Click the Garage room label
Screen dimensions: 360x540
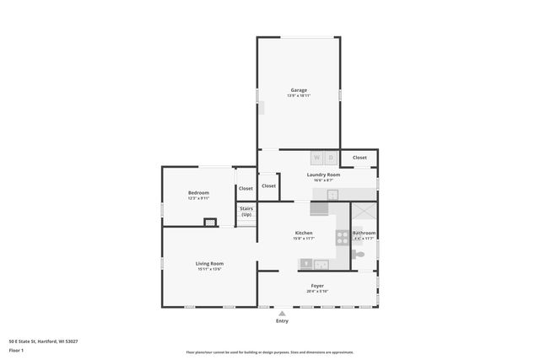[x=299, y=89]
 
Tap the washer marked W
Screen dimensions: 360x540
[x=317, y=158]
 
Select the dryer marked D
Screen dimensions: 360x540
[x=332, y=158]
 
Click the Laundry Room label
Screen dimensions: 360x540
[x=323, y=175]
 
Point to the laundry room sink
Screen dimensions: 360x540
[x=332, y=195]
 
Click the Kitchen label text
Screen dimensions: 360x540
[x=304, y=233]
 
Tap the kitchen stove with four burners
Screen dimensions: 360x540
[x=343, y=238]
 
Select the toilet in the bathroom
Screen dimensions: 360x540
[x=359, y=252]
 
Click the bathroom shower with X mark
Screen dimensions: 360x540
[x=364, y=212]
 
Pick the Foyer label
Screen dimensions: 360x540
[x=317, y=286]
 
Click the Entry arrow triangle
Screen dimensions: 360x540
[x=282, y=313]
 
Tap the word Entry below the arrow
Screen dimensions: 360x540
[x=282, y=321]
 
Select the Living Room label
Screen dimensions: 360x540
[x=210, y=263]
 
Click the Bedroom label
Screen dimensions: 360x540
[x=198, y=193]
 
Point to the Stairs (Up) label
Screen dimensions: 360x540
[x=246, y=212]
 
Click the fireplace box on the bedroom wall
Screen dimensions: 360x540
[x=210, y=222]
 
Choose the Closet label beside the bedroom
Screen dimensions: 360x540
[x=246, y=188]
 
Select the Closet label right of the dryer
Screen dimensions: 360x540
[x=359, y=158]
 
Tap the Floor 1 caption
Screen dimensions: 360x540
[x=16, y=349]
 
